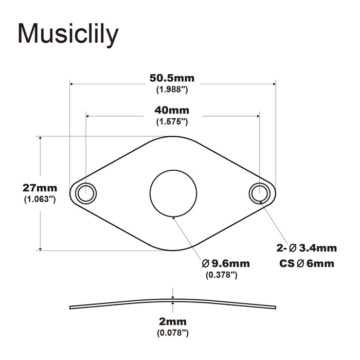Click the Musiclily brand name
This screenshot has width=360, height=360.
68,34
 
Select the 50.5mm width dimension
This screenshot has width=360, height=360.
172,79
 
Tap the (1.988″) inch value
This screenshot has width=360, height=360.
172,90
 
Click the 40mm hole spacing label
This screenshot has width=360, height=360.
172,111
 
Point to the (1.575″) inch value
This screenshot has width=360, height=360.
172,122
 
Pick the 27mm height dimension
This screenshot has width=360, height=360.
40,188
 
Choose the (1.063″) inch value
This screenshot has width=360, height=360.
40,199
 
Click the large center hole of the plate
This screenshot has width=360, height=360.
173,193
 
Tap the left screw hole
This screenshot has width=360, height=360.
85,193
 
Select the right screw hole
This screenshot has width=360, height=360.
259,193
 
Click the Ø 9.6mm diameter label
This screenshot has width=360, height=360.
226,263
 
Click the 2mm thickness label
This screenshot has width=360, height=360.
173,322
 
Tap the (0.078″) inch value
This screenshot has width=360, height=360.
173,333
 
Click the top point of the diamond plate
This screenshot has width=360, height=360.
173,136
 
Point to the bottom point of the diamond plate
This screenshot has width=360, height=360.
173,251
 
